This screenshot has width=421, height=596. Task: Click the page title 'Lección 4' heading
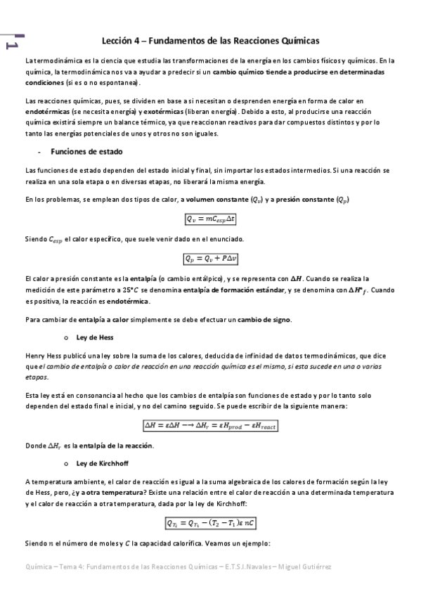click(x=210, y=41)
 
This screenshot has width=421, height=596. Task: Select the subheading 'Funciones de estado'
click(x=93, y=151)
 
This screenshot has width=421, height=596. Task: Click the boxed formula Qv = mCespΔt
click(x=211, y=219)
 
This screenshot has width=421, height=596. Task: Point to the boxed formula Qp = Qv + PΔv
click(x=211, y=259)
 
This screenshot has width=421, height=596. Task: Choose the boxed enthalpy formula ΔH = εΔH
click(x=211, y=425)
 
